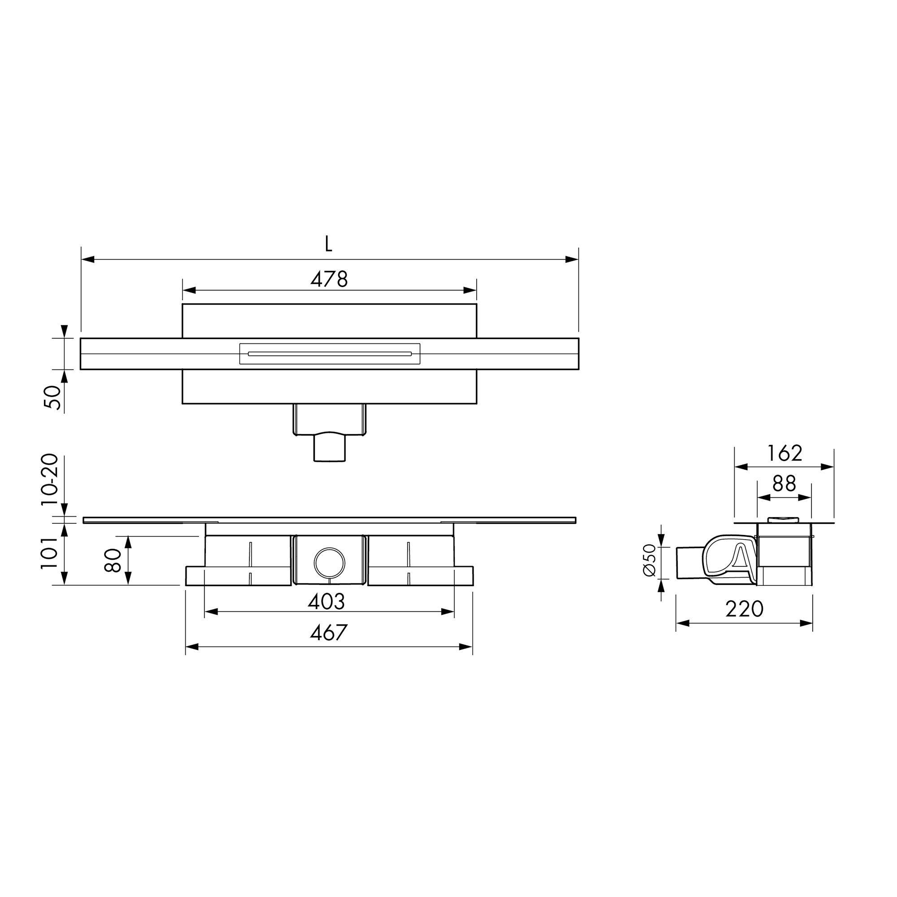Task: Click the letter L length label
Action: click(329, 243)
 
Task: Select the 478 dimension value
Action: click(329, 279)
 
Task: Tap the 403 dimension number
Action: click(327, 602)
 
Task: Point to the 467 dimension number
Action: click(329, 633)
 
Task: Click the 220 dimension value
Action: click(745, 609)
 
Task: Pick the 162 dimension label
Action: click(784, 453)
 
